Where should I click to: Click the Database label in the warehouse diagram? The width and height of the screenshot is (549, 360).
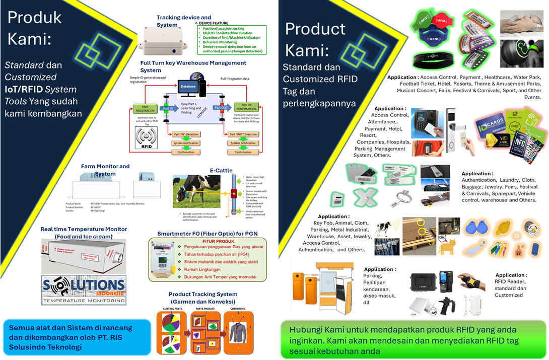click(x=188, y=86)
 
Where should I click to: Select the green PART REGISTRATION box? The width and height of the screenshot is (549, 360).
click(x=145, y=108)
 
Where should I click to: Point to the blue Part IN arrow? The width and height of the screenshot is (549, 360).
click(x=167, y=108)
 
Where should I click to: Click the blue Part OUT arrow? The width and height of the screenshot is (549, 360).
click(x=221, y=108)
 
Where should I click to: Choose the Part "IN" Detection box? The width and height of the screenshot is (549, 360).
click(x=186, y=134)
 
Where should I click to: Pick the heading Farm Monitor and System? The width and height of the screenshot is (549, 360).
click(x=105, y=170)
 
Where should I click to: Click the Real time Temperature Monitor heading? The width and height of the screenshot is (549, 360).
click(x=84, y=232)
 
